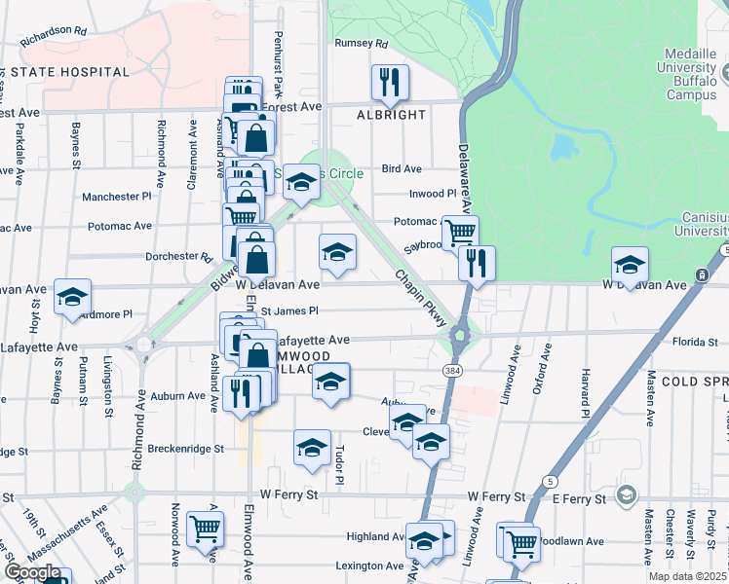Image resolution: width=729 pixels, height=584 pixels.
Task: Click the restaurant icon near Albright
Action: click(390, 83)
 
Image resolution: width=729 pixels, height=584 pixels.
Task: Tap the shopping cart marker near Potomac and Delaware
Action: click(459, 233)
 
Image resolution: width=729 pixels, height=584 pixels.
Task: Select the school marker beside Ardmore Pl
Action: click(72, 297)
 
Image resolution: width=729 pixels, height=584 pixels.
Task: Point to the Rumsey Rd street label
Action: click(361, 44)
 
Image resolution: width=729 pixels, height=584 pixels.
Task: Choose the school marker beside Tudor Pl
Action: click(312, 447)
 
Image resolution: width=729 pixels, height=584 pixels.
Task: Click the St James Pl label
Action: click(289, 311)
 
